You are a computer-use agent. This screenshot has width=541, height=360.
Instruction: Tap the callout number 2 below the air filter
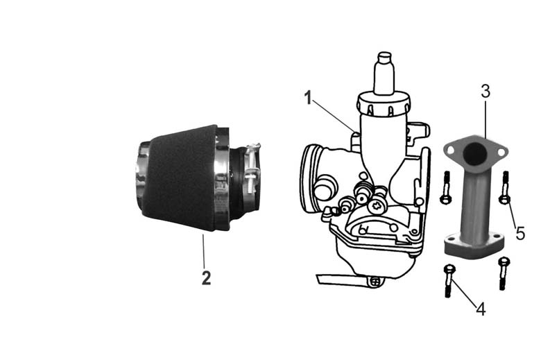point(206,278)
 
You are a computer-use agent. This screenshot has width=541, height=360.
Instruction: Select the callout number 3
point(486,91)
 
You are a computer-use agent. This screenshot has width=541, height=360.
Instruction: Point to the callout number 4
point(481,309)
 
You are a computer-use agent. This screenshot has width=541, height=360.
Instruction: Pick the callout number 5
point(520,233)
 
